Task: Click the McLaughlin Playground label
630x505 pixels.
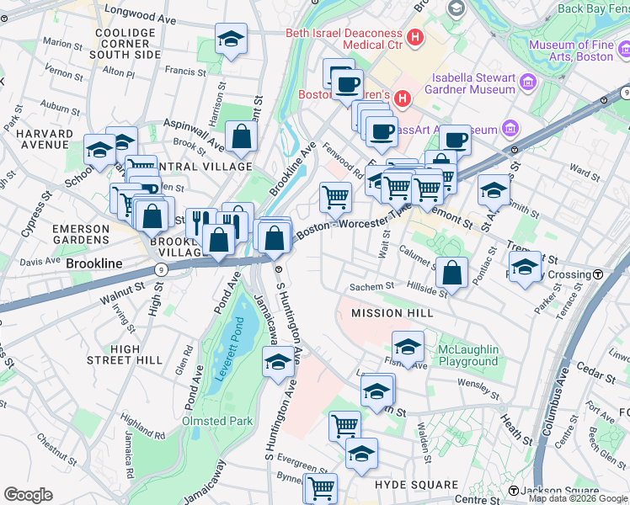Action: pos(467,355)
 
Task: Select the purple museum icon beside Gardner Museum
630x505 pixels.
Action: pos(528,82)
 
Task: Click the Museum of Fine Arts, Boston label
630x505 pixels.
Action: pos(580,50)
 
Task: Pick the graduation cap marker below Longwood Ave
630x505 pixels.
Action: pos(231,39)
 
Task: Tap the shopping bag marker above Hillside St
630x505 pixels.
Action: pos(452,272)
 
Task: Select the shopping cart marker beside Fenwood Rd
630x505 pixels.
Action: pos(335,197)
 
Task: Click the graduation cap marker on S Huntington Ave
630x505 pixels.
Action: pos(278,362)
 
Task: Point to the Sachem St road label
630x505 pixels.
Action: pos(372,286)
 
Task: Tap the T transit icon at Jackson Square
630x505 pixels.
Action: pos(513,491)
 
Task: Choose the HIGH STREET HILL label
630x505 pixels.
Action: pos(125,354)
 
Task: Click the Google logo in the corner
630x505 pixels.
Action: pos(29,495)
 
